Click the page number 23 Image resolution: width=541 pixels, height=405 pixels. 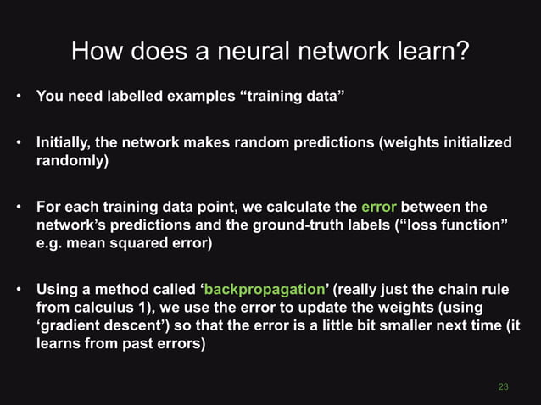coord(503,386)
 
